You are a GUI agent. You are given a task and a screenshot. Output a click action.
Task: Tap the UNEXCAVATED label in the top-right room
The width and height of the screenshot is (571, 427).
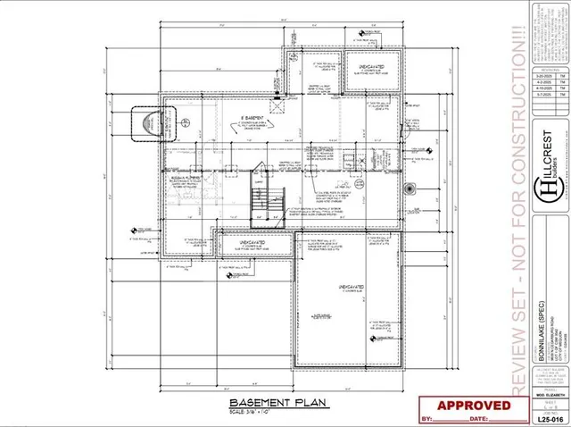tap(371, 66)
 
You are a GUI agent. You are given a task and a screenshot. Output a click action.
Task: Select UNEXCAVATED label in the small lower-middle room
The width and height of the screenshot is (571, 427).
tap(254, 241)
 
